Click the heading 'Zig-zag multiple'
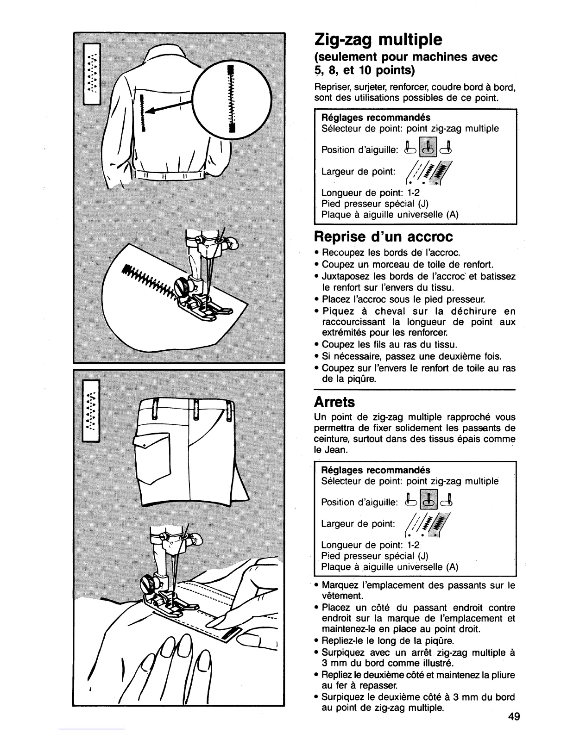pos(378,39)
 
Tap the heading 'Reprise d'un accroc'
pos(383,237)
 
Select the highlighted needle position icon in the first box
pos(429,148)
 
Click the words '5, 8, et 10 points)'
pos(364,70)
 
